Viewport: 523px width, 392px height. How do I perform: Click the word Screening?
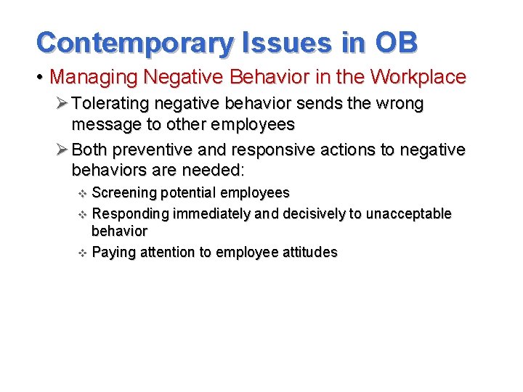pos(124,193)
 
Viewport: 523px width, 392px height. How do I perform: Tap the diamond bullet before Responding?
pos(82,214)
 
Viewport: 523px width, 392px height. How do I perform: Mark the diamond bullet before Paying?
pos(82,253)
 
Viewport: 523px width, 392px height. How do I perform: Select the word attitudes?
pos(309,252)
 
